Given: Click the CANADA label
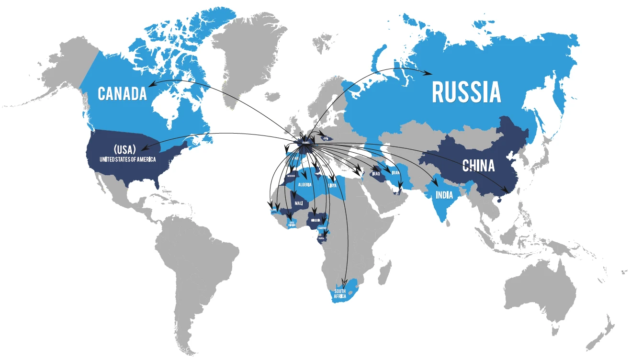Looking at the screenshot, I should [x=122, y=93].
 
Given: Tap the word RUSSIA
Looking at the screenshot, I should [x=466, y=92].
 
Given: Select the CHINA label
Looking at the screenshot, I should [x=478, y=166].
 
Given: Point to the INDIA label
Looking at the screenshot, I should [x=445, y=195].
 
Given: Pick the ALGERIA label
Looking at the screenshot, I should [x=305, y=185].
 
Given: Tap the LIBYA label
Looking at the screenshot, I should [x=332, y=185].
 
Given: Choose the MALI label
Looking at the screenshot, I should [x=299, y=203].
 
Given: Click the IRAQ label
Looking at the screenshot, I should [x=375, y=174].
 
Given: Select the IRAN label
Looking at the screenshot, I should [x=395, y=173].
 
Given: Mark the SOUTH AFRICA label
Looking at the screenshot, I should [x=340, y=294].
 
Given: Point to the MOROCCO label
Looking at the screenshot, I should [x=291, y=176].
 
